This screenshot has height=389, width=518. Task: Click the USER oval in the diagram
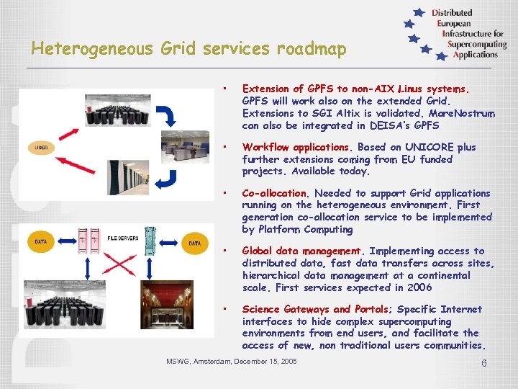(41, 148)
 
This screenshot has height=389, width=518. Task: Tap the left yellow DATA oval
(42, 243)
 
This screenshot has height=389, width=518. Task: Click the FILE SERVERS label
(123, 237)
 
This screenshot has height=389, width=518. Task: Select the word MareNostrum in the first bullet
(461, 114)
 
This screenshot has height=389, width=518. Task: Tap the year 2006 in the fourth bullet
(418, 287)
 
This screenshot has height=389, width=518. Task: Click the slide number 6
(484, 363)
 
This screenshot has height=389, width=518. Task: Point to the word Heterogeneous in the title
(92, 49)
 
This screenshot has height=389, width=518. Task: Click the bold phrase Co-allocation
(274, 193)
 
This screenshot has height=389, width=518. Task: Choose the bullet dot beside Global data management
(225, 251)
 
